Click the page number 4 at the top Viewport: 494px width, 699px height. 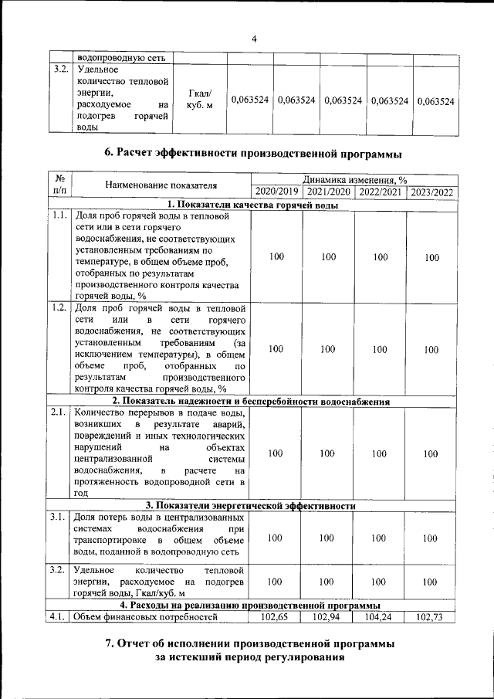(x=254, y=39)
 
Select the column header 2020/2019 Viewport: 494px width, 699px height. (x=276, y=192)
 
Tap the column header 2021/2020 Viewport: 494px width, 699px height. (x=328, y=192)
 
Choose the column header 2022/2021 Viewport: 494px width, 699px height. (x=380, y=192)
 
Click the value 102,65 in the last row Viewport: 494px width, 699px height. (x=276, y=616)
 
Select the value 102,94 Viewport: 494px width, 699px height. (x=328, y=616)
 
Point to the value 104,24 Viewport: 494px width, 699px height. (x=380, y=616)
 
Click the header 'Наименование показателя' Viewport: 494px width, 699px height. (x=161, y=185)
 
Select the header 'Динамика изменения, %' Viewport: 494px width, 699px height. (x=354, y=179)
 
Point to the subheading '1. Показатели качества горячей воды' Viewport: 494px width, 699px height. (x=254, y=205)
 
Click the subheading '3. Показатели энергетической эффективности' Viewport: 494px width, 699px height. (x=254, y=506)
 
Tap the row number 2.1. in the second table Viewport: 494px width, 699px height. (x=58, y=412)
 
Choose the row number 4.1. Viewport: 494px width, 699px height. (x=58, y=616)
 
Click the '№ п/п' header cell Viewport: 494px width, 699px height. (x=59, y=185)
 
